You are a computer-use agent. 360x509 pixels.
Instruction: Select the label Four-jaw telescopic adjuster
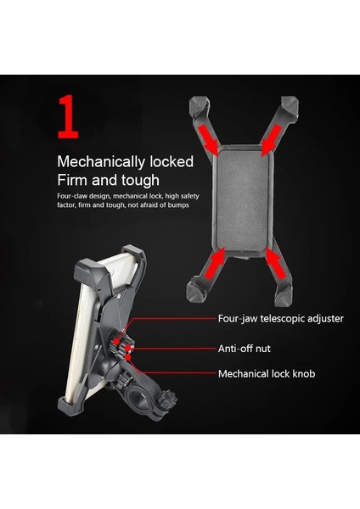click(280, 319)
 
